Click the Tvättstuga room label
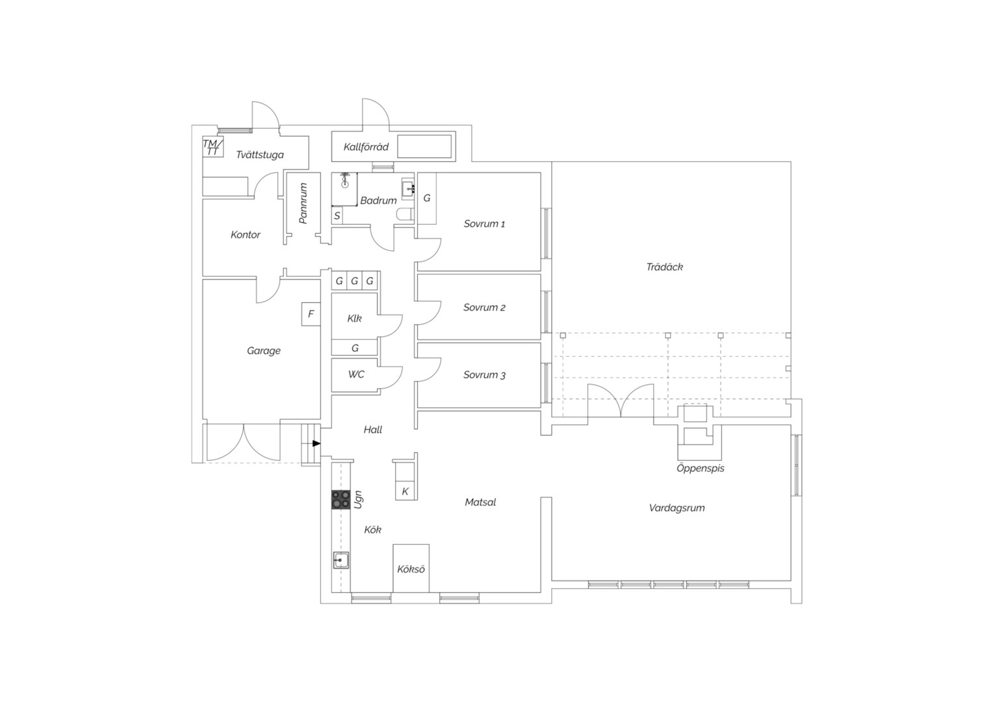click(260, 155)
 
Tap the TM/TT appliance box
click(213, 147)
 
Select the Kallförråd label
click(366, 147)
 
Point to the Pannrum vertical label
click(303, 203)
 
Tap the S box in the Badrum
click(337, 216)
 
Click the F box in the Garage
click(311, 314)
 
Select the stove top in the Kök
click(341, 500)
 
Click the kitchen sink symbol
click(341, 560)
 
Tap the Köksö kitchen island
click(411, 569)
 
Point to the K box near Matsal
click(405, 491)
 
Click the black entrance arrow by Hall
click(316, 443)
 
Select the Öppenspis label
click(701, 468)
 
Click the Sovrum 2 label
click(484, 307)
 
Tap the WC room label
click(356, 374)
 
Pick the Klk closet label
click(354, 318)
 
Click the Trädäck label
click(665, 267)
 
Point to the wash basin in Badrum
click(408, 189)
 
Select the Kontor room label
click(245, 235)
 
